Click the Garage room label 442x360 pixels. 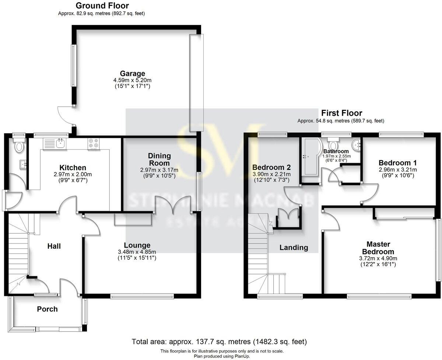(132, 73)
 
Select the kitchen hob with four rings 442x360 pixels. (94, 143)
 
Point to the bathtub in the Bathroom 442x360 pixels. (309, 159)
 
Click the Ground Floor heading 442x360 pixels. (102, 6)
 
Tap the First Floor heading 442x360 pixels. (341, 113)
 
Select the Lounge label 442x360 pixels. (137, 245)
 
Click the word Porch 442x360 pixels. (48, 309)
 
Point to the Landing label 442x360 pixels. (294, 248)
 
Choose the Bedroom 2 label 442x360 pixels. (271, 167)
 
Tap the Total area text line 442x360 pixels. (219, 342)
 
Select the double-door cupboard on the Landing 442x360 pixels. (288, 217)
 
